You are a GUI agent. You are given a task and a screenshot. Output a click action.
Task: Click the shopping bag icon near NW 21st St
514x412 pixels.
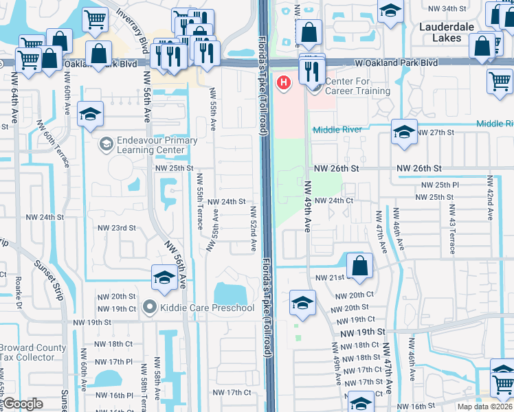pyautogui.click(x=359, y=266)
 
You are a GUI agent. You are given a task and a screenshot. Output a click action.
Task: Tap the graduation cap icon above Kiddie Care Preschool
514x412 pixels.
pyautogui.click(x=164, y=277)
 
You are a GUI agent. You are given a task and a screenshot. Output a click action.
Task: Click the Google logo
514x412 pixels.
pyautogui.click(x=23, y=404)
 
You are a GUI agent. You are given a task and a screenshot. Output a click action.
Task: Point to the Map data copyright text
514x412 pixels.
pyautogui.click(x=484, y=407)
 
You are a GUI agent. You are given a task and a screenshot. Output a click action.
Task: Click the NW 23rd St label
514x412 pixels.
pyautogui.click(x=116, y=228)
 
